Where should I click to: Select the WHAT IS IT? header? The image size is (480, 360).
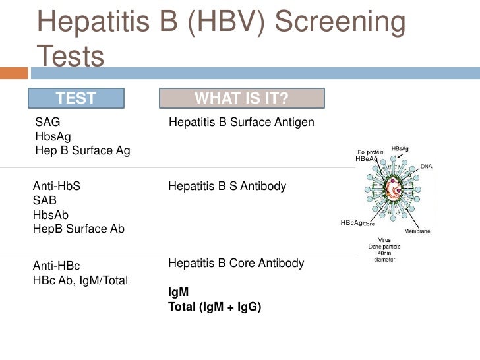(241, 99)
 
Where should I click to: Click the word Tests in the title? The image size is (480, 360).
(71, 57)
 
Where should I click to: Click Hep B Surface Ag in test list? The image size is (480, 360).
(82, 151)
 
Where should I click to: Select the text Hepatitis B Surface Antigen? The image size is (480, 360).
(241, 123)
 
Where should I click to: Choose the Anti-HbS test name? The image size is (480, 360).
(57, 186)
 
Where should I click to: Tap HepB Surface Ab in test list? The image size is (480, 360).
(78, 229)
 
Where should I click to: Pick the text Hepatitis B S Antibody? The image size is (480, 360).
(227, 187)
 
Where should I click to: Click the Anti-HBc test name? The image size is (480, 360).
(56, 266)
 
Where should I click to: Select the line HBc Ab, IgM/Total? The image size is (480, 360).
(80, 281)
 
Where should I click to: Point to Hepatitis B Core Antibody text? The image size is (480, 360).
(236, 264)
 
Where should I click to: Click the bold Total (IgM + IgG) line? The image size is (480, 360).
(214, 306)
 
